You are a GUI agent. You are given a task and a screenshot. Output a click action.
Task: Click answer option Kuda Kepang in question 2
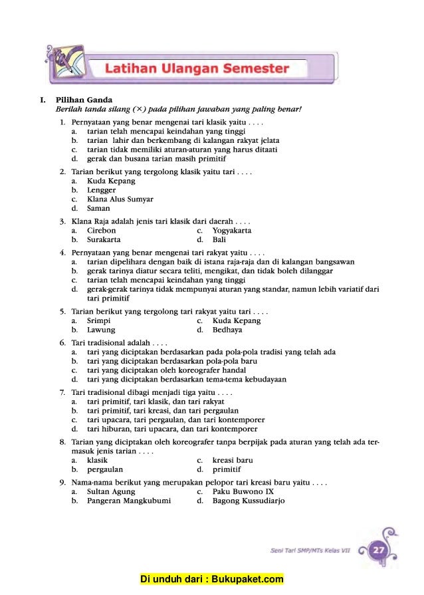(x=111, y=181)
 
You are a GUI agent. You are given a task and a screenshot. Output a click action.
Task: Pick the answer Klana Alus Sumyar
(x=120, y=199)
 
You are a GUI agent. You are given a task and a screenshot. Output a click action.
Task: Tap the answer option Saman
(x=98, y=208)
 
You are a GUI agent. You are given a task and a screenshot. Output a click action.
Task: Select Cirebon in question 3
(x=101, y=231)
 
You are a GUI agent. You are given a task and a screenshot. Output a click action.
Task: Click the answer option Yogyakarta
(x=232, y=231)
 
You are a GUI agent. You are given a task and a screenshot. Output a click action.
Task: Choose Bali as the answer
(x=219, y=239)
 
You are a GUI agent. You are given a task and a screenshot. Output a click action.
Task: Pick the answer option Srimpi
(x=99, y=320)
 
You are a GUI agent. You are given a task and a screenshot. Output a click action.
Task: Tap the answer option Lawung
(x=101, y=330)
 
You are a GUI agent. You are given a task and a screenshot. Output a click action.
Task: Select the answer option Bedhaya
(x=227, y=330)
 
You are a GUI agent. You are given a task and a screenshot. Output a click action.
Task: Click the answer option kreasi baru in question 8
(x=233, y=460)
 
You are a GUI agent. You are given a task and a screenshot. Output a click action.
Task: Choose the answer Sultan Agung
(x=111, y=492)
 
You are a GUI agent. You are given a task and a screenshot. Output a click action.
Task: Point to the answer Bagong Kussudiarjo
(x=249, y=501)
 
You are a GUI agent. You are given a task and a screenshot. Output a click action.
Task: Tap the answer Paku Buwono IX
(x=243, y=492)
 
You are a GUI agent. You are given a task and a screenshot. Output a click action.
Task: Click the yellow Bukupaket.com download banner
(x=212, y=580)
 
